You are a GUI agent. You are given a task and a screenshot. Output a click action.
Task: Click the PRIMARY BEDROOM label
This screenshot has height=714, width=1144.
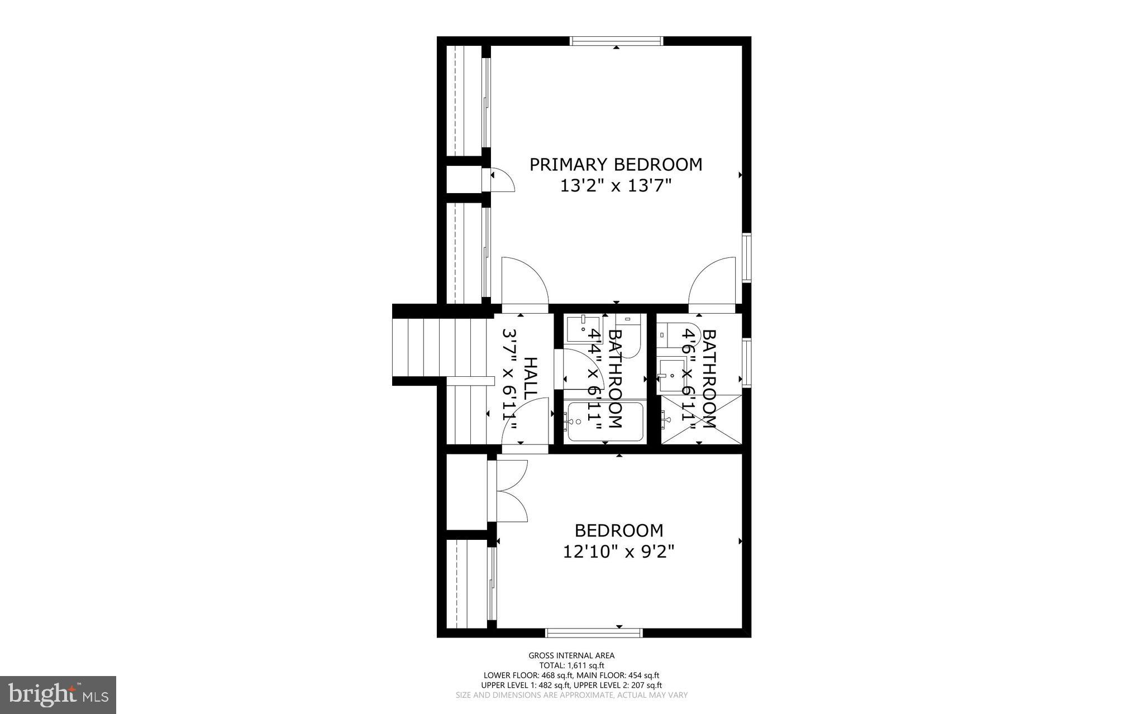(616, 165)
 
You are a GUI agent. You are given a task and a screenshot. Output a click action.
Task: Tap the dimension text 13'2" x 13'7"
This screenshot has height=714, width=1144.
(616, 186)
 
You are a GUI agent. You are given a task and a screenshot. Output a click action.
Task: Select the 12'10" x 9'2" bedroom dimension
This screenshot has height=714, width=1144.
(618, 552)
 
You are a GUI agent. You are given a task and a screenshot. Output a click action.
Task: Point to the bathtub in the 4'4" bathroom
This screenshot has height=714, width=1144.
(603, 423)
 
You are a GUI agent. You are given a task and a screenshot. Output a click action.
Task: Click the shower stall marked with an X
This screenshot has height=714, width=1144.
(702, 419)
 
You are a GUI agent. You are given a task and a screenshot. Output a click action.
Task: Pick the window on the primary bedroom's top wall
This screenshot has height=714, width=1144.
(616, 41)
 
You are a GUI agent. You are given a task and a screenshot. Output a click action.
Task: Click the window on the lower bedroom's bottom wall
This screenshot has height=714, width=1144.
(594, 632)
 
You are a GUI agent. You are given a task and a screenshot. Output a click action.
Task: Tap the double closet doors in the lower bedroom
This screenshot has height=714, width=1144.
(509, 491)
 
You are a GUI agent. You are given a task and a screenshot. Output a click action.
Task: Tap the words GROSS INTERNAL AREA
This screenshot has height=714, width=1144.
(571, 655)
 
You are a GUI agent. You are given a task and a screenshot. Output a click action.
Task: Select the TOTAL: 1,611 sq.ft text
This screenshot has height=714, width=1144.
(571, 665)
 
